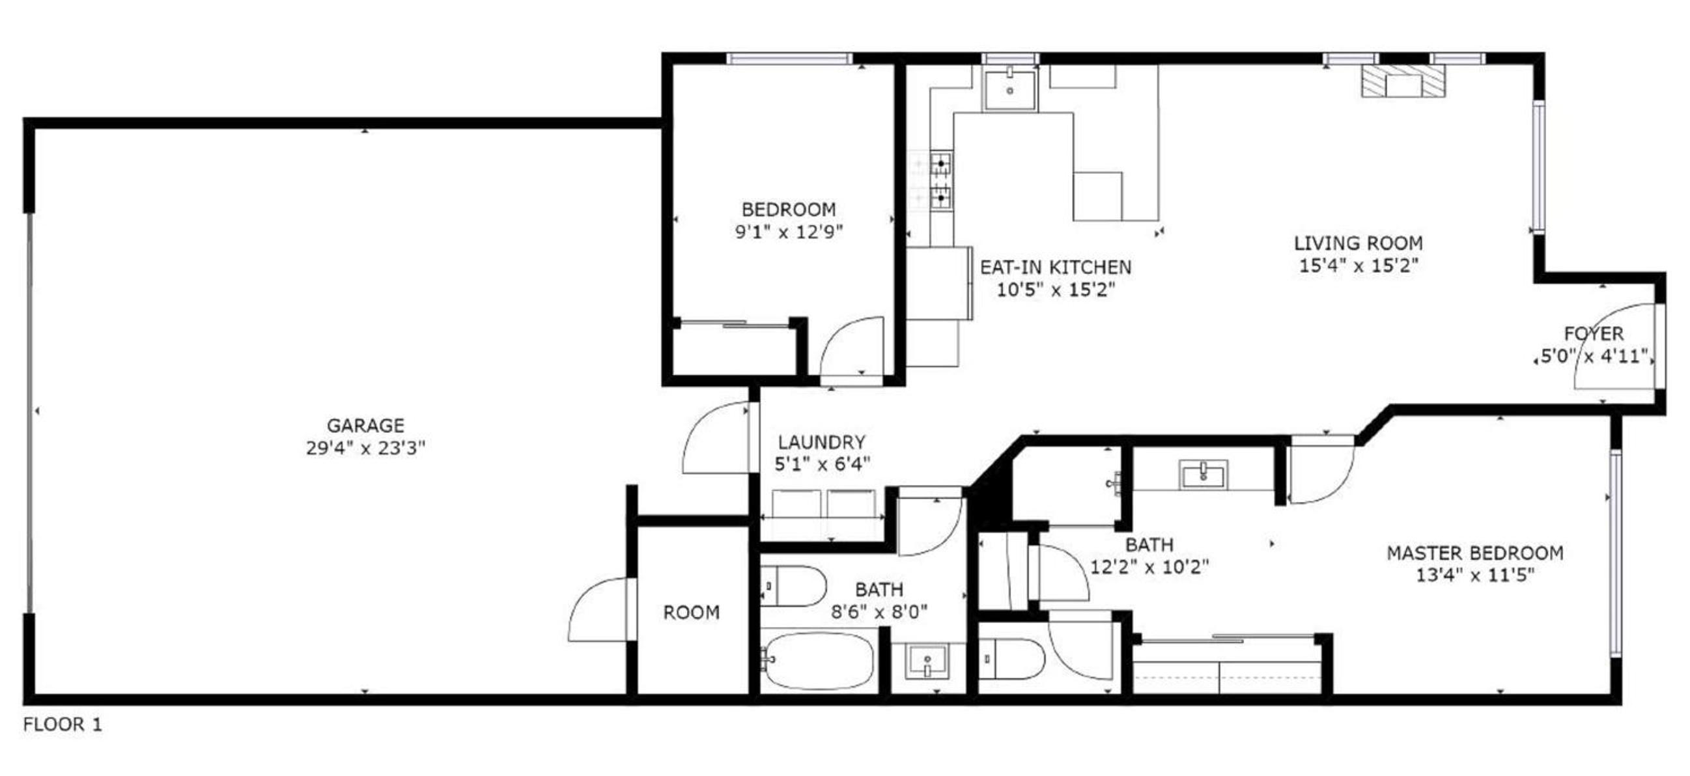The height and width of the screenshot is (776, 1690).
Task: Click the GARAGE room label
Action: pos(365,426)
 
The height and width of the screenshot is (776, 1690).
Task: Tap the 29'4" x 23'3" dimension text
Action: pos(365,448)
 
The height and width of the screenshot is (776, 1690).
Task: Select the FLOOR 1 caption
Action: pos(63,725)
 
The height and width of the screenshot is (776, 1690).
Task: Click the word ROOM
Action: pos(692,613)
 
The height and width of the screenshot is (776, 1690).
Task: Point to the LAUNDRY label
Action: pos(822,442)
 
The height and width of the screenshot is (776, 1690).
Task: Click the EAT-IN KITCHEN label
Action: pos(1056,268)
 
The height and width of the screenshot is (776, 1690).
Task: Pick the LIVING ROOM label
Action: pos(1359,243)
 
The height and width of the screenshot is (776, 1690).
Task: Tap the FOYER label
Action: pos(1594,334)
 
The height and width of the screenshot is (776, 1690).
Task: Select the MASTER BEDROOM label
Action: pos(1476,553)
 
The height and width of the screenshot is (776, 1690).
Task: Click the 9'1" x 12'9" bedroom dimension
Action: pos(789,232)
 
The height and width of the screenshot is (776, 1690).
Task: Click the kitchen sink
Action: pos(1009,90)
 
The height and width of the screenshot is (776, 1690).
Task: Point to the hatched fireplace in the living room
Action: pos(1403,81)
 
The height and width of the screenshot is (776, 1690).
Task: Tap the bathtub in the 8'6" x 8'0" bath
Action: pos(819,661)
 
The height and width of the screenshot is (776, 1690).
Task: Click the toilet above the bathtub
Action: pos(794,586)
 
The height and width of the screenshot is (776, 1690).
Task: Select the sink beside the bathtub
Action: pos(926,661)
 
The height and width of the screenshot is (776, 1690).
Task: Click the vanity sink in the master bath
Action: pos(1204,475)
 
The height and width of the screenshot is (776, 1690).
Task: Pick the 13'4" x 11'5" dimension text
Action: pos(1476,575)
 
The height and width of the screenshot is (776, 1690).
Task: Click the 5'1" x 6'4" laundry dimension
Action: pos(822,464)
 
